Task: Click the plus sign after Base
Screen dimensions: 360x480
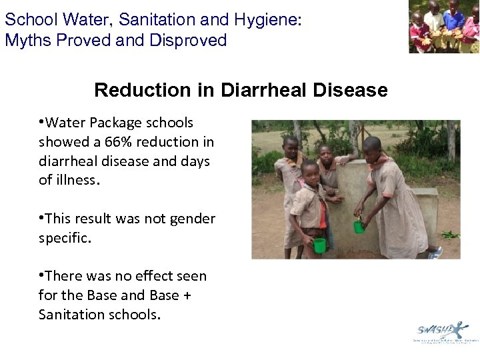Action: click(187, 295)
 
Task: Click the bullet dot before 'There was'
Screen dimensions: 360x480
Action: click(41, 275)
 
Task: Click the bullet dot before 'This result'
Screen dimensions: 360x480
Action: click(41, 218)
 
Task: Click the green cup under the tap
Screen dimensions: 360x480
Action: click(359, 227)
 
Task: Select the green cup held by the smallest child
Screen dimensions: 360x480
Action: click(319, 245)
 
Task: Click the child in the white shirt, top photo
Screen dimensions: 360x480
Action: click(434, 20)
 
